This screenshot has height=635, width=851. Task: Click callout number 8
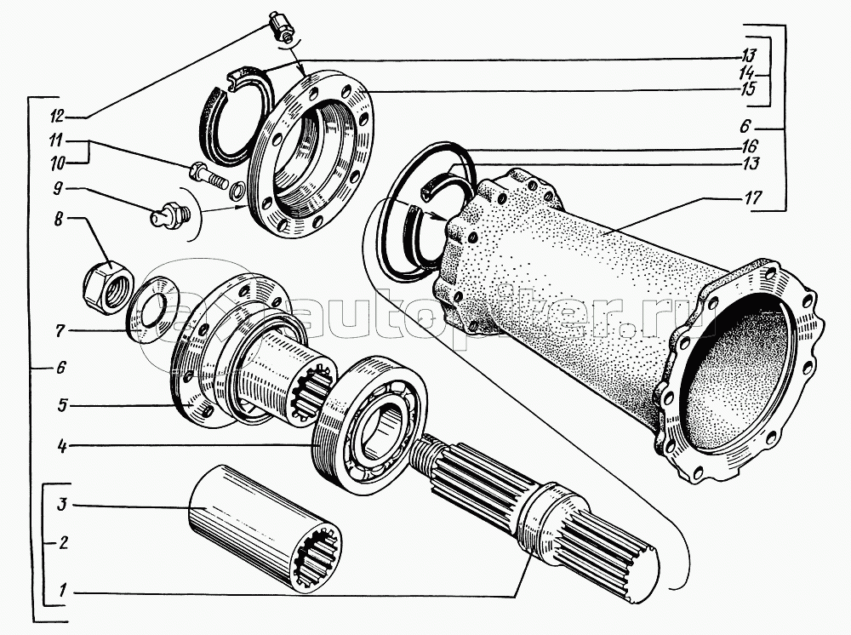57,220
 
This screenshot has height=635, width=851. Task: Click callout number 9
58,188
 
